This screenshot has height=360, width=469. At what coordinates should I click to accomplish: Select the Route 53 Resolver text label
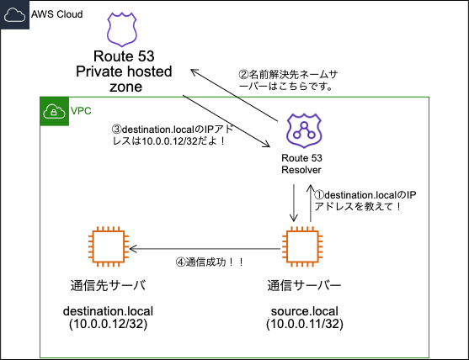(x=302, y=164)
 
